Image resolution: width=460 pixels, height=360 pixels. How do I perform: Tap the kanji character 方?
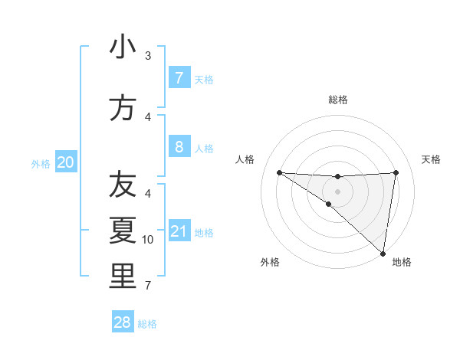pyautogui.click(x=123, y=108)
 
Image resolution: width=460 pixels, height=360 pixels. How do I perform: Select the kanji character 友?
pyautogui.click(x=123, y=185)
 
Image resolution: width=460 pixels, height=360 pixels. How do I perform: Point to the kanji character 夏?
pyautogui.click(x=123, y=230)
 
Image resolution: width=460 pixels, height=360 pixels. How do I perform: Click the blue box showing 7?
pyautogui.click(x=179, y=78)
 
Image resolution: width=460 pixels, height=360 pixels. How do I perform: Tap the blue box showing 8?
pyautogui.click(x=179, y=147)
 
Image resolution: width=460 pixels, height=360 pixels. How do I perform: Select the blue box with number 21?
pyautogui.click(x=179, y=232)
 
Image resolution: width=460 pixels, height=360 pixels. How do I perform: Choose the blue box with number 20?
pyautogui.click(x=66, y=162)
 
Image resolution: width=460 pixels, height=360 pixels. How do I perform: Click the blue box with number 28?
pyautogui.click(x=123, y=322)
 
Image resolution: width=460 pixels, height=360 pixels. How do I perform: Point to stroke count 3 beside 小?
pyautogui.click(x=148, y=56)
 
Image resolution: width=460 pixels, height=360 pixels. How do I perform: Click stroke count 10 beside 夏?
pyautogui.click(x=148, y=240)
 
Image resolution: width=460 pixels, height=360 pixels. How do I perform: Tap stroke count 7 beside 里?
pyautogui.click(x=148, y=286)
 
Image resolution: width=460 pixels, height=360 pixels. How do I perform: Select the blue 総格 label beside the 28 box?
pyautogui.click(x=147, y=324)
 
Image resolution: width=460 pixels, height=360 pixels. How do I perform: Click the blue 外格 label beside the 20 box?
pyautogui.click(x=41, y=163)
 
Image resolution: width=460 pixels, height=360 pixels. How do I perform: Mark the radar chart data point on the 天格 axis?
pyautogui.click(x=396, y=172)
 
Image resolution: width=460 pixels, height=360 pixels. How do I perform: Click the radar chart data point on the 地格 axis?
pyautogui.click(x=383, y=253)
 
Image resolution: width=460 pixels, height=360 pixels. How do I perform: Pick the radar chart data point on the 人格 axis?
pyautogui.click(x=279, y=172)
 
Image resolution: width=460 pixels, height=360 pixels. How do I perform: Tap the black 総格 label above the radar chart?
pyautogui.click(x=337, y=100)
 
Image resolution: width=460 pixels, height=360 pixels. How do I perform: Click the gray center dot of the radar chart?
pyautogui.click(x=337, y=191)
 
